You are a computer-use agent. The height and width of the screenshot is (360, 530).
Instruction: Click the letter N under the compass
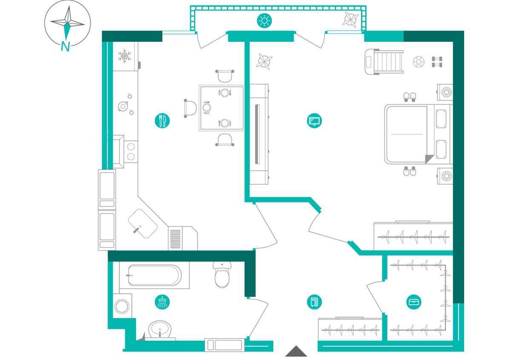(65, 46)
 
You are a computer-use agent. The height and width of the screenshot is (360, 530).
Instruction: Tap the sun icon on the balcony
(264, 21)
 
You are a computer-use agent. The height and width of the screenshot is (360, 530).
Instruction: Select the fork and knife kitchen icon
(162, 121)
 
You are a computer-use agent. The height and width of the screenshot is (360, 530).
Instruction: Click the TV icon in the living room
(314, 121)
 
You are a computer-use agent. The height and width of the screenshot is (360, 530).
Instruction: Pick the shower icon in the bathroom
(162, 302)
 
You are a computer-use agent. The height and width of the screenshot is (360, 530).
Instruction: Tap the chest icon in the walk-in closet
(414, 302)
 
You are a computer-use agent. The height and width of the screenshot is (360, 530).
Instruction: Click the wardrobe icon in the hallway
(314, 302)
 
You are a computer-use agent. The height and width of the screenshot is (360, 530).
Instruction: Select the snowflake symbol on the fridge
(124, 56)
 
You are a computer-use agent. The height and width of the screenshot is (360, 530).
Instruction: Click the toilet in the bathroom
(222, 274)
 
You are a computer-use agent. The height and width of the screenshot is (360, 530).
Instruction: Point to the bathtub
(155, 275)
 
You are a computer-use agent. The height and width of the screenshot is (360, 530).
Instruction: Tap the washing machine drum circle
(122, 306)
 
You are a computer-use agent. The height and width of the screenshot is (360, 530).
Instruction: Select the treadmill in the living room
(384, 62)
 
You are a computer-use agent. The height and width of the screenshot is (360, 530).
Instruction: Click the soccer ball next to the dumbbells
(418, 62)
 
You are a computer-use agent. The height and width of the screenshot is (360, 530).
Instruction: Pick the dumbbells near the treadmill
(437, 62)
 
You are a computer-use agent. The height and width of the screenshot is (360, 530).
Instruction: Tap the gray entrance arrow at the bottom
(296, 351)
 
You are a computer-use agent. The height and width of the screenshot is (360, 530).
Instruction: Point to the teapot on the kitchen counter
(123, 107)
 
